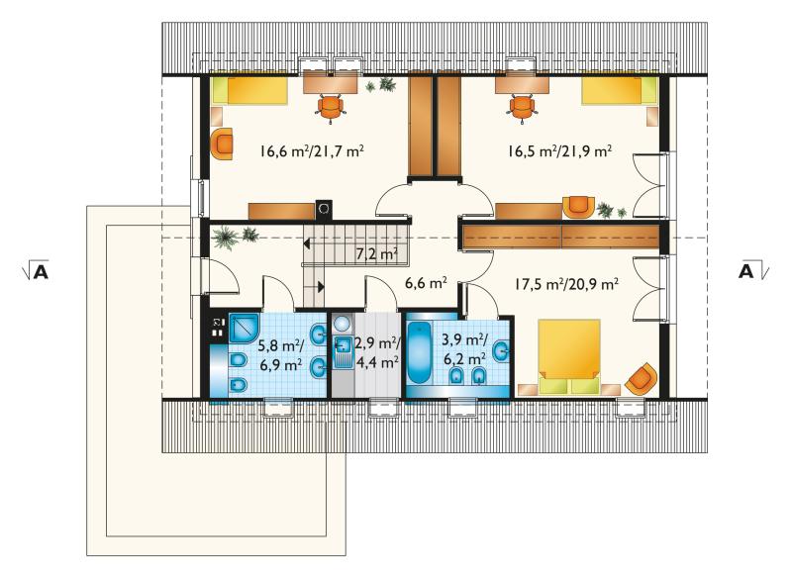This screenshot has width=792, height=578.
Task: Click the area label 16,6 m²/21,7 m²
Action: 312,151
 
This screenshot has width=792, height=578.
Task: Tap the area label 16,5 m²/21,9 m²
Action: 560,151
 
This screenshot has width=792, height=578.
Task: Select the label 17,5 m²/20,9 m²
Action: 566,285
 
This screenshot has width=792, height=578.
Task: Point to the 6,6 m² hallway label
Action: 426,283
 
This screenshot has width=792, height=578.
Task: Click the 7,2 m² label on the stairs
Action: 377,254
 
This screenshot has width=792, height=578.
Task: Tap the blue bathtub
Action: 419,353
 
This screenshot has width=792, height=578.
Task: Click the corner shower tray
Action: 245,329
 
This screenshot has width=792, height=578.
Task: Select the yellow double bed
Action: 569,356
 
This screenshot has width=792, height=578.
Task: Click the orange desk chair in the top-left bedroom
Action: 331,109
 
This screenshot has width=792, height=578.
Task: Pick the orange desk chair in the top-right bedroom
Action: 522,109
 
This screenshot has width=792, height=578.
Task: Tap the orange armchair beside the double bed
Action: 642,379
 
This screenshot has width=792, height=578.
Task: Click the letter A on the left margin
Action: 41,271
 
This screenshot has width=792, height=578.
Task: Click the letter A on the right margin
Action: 746,270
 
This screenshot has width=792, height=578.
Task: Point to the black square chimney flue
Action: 324,210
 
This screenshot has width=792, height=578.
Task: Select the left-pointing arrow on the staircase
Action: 307,243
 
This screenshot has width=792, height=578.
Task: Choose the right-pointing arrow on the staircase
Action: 321,287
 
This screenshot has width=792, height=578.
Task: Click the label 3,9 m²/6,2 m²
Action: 464,348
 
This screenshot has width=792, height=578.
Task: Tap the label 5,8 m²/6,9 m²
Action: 281,355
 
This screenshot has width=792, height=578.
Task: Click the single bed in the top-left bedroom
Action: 250,90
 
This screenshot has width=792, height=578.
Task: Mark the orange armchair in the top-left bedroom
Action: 222,144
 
